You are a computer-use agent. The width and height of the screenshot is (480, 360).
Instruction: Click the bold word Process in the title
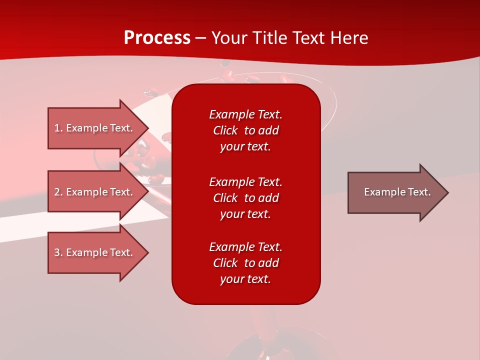click(x=157, y=38)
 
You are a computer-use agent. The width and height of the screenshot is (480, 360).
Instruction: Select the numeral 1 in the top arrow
click(x=57, y=128)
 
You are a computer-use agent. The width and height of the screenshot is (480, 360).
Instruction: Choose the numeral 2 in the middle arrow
click(x=57, y=192)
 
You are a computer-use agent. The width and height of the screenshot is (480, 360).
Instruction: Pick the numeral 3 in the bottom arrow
click(x=57, y=252)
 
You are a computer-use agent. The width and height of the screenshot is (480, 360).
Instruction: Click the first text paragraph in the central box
click(x=245, y=130)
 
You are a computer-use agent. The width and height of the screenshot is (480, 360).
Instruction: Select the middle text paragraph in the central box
click(x=245, y=198)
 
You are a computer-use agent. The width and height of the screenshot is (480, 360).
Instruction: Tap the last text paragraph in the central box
click(x=245, y=263)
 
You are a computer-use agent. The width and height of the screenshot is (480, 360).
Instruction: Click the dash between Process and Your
click(x=200, y=38)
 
